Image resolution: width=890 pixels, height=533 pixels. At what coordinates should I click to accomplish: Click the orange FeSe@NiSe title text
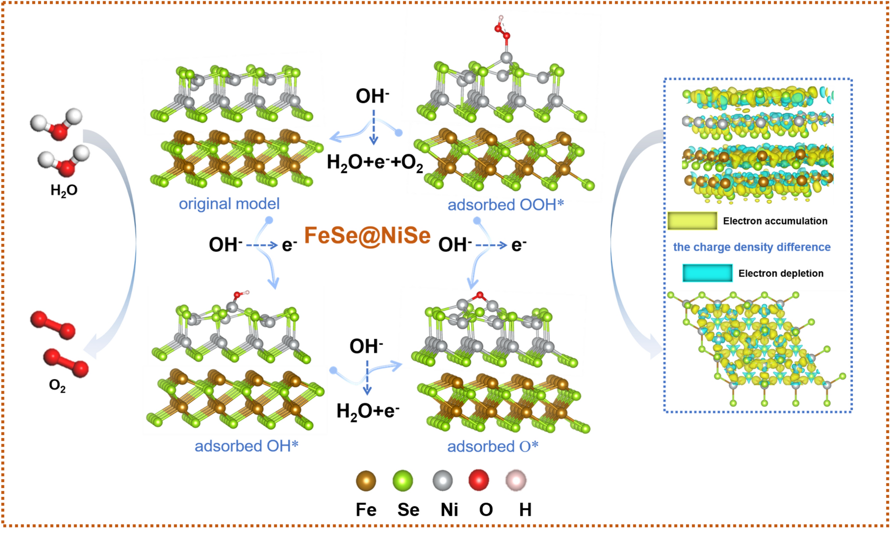tap(367, 236)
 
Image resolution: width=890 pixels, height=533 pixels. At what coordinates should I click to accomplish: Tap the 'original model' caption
tap(229, 204)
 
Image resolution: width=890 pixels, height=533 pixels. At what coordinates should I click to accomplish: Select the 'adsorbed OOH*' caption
tap(506, 205)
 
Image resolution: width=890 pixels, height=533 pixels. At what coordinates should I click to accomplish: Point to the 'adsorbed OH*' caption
tap(246, 446)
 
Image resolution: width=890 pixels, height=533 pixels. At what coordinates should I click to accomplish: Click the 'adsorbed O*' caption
tap(492, 447)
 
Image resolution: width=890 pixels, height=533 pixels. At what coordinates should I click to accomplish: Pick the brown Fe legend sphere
tap(366, 481)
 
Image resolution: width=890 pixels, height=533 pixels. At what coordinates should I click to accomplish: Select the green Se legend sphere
tap(402, 481)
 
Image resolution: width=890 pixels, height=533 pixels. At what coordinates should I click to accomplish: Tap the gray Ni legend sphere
tap(442, 481)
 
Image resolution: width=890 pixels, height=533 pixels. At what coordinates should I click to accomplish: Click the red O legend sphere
tap(479, 480)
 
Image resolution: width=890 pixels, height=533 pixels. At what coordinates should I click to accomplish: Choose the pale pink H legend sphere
tap(516, 480)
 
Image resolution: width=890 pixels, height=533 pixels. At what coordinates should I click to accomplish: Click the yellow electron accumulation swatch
tap(692, 221)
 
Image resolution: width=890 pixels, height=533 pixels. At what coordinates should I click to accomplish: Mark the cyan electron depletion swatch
tap(707, 273)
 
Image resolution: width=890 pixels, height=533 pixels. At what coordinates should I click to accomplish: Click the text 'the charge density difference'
tap(752, 247)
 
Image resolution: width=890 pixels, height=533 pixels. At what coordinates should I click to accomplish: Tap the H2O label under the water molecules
tap(64, 191)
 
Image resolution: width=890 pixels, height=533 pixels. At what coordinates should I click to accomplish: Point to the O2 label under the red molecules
tap(57, 386)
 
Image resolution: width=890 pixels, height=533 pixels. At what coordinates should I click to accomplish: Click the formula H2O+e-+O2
tap(375, 163)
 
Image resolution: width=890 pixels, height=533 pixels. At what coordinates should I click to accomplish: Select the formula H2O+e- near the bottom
tap(368, 411)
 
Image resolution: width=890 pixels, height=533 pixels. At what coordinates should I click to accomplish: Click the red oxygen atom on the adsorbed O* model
tap(480, 295)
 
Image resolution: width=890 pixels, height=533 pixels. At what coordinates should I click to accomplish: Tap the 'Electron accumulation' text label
tap(775, 221)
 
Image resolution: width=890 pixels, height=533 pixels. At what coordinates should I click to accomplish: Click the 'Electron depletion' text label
tap(781, 274)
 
